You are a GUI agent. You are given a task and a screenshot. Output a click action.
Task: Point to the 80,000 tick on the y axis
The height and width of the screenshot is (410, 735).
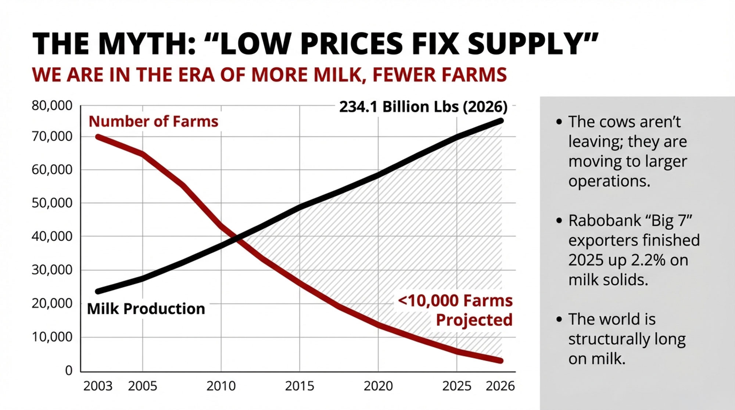click(52, 106)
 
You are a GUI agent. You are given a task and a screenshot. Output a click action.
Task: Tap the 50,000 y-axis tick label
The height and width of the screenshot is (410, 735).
click(52, 203)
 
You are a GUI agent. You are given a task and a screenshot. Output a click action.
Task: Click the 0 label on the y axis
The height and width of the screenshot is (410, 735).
click(69, 370)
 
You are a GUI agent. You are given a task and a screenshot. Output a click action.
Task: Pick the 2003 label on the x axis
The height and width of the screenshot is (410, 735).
click(98, 386)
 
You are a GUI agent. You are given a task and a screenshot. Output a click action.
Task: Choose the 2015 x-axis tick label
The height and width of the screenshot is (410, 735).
click(300, 386)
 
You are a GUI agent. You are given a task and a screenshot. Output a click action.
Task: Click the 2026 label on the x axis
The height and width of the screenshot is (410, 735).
click(500, 386)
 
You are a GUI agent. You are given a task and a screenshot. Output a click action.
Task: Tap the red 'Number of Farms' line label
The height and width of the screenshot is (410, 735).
click(153, 121)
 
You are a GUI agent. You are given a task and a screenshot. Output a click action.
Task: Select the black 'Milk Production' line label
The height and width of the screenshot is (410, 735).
click(146, 309)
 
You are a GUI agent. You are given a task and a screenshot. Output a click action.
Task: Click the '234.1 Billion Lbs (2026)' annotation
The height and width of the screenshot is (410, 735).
click(423, 107)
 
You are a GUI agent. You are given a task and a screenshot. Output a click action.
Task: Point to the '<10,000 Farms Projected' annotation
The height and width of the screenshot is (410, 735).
click(455, 310)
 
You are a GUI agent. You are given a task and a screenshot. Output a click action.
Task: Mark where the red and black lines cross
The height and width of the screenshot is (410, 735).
click(237, 238)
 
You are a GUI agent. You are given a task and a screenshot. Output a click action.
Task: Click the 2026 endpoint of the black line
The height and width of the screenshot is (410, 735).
click(501, 121)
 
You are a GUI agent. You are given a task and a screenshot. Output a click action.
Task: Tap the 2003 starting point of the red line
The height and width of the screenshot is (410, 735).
click(98, 137)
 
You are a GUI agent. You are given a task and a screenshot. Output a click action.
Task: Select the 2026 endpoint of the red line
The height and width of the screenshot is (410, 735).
click(501, 361)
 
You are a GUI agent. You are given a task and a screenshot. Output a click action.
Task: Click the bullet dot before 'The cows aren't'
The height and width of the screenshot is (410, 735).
click(559, 122)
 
